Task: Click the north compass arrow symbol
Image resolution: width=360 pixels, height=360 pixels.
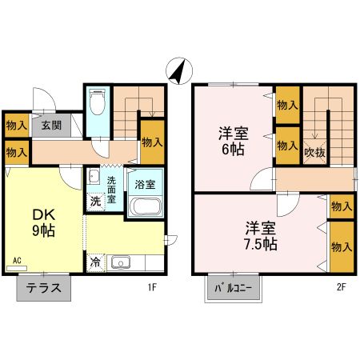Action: click(178, 70)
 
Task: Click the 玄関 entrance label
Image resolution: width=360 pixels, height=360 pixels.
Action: click(52, 126)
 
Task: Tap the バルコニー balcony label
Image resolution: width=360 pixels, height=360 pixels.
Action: click(234, 286)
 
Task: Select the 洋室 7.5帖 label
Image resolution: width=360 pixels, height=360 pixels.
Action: click(261, 234)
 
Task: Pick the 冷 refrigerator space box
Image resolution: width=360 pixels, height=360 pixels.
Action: click(96, 262)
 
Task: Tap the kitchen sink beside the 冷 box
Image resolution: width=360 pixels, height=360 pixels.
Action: click(121, 262)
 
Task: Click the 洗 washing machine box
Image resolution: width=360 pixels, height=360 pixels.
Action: click(95, 202)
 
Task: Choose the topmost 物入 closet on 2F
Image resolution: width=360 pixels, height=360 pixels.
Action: click(288, 104)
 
